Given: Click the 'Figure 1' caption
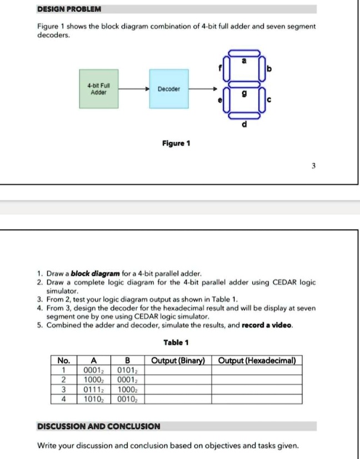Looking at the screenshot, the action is [x=176, y=144].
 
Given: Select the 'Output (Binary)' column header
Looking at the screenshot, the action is [x=178, y=361].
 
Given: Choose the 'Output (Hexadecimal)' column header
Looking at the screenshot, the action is [x=257, y=361].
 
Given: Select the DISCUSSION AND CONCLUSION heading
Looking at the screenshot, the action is [x=98, y=426].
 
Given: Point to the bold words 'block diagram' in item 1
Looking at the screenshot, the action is [x=89, y=274].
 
